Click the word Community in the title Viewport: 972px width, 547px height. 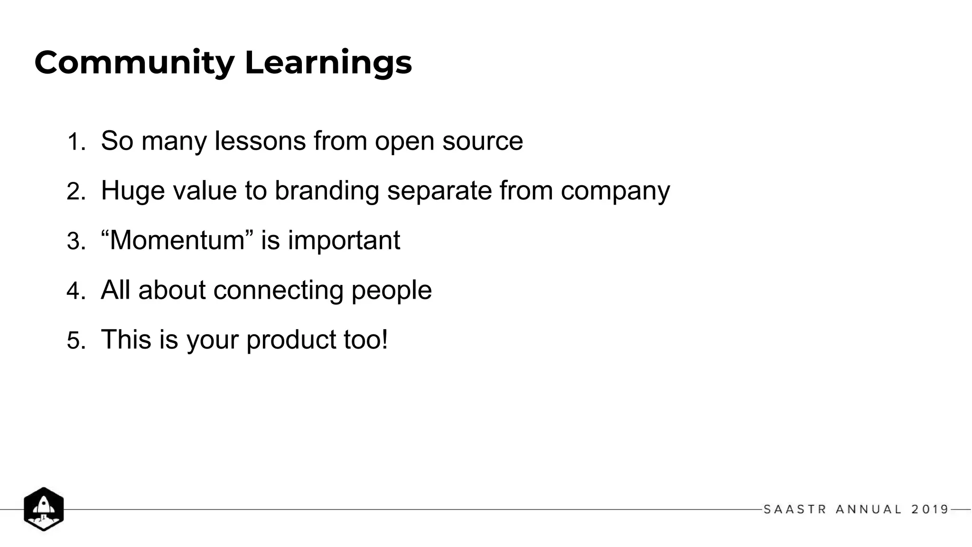point(134,63)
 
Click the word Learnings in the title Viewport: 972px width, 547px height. point(328,63)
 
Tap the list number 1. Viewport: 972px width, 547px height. point(75,142)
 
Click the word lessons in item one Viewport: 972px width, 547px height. point(260,141)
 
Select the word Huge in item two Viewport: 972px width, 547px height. point(132,191)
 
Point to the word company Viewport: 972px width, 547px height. point(615,191)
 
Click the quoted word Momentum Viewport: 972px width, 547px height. point(177,240)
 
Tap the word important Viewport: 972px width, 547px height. point(344,240)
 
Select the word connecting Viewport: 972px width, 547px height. point(278,290)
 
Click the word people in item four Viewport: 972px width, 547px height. point(392,290)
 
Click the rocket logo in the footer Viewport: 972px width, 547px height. point(44,509)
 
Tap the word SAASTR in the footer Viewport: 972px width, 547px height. point(795,509)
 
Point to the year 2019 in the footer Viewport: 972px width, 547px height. point(930,509)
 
